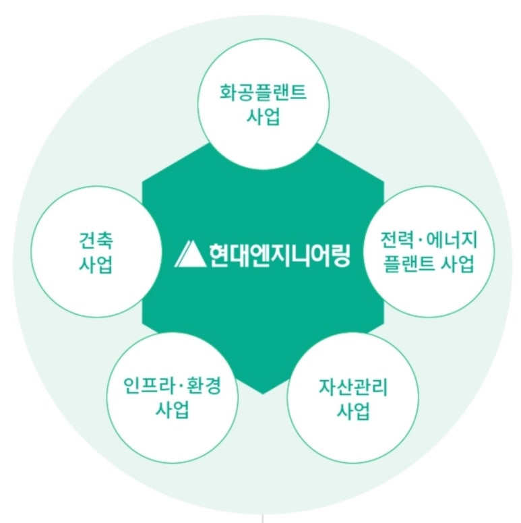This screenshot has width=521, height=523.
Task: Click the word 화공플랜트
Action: coord(263,92)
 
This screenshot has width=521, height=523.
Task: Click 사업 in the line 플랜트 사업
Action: coord(458,264)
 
